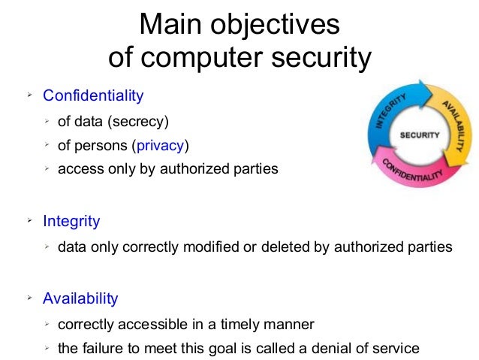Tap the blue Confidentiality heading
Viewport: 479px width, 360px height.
click(92, 96)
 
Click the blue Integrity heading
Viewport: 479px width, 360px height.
click(71, 222)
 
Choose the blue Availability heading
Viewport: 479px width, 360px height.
click(80, 298)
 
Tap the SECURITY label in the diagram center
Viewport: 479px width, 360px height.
click(420, 136)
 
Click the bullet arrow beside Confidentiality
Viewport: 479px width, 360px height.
click(29, 95)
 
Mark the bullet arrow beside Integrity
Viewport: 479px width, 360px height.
click(29, 221)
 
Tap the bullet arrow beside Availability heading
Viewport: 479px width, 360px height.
click(29, 298)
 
